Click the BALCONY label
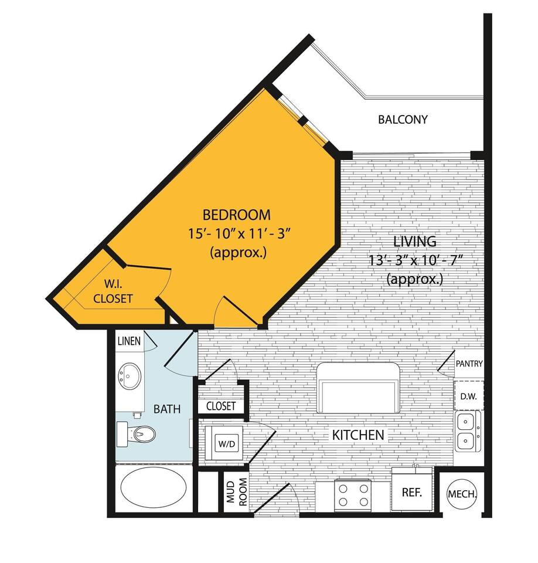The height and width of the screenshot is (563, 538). click(403, 120)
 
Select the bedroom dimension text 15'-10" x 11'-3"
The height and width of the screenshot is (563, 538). click(236, 233)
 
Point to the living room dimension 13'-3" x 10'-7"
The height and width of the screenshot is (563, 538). click(414, 260)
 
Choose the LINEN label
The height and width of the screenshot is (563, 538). click(129, 341)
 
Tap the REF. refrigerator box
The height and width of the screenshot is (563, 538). click(411, 493)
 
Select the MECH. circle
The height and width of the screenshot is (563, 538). click(462, 494)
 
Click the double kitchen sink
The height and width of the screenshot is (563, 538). click(467, 430)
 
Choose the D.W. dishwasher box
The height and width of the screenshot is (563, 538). click(468, 396)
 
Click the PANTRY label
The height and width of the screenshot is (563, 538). click(469, 364)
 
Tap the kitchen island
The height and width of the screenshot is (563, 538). click(358, 388)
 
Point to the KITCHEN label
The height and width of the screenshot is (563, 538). click(358, 435)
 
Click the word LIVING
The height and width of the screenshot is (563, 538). click(414, 241)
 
